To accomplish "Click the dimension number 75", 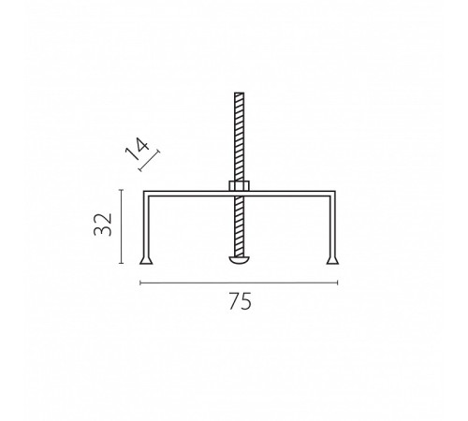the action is click(x=240, y=301).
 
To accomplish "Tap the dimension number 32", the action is click(x=103, y=225).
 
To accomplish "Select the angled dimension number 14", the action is click(x=137, y=149).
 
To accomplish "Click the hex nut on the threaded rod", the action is click(x=240, y=186).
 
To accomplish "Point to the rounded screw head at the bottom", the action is click(x=240, y=260).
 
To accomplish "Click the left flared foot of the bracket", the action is click(x=146, y=260).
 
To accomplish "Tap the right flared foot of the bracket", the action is click(x=332, y=260).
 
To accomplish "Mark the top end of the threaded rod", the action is click(x=240, y=93).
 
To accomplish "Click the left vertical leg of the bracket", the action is click(x=146, y=226).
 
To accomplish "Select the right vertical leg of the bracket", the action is click(x=332, y=226).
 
